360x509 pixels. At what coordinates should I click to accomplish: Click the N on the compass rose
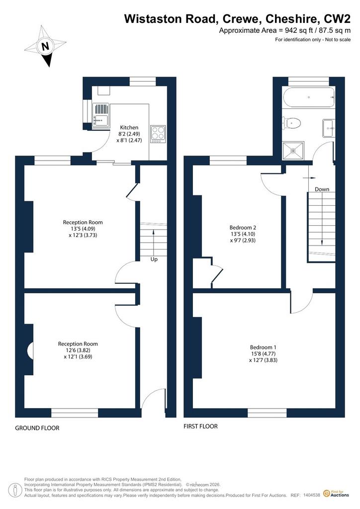46,46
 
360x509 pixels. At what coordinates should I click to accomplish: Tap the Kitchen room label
129,128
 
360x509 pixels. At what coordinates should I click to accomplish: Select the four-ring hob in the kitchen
158,134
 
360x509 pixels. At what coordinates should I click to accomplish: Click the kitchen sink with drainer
101,116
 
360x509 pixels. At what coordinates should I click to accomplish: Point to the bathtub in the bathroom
308,97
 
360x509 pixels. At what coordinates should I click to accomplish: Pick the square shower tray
293,151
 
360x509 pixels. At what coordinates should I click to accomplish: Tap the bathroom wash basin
328,128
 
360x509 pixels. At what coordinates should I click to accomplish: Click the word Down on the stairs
322,189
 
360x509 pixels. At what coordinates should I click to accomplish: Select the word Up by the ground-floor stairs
154,259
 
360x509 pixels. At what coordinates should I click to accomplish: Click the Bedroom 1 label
263,347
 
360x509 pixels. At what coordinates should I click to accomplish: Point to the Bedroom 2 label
243,228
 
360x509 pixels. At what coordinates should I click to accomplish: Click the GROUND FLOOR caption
37,428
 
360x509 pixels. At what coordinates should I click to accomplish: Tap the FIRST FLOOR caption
200,426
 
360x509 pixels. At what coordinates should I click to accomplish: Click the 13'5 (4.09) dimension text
83,229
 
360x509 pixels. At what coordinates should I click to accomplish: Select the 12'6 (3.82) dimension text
78,350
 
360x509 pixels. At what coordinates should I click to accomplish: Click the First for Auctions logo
336,494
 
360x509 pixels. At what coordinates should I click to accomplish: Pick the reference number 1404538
312,496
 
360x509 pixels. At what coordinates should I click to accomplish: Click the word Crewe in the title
240,19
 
